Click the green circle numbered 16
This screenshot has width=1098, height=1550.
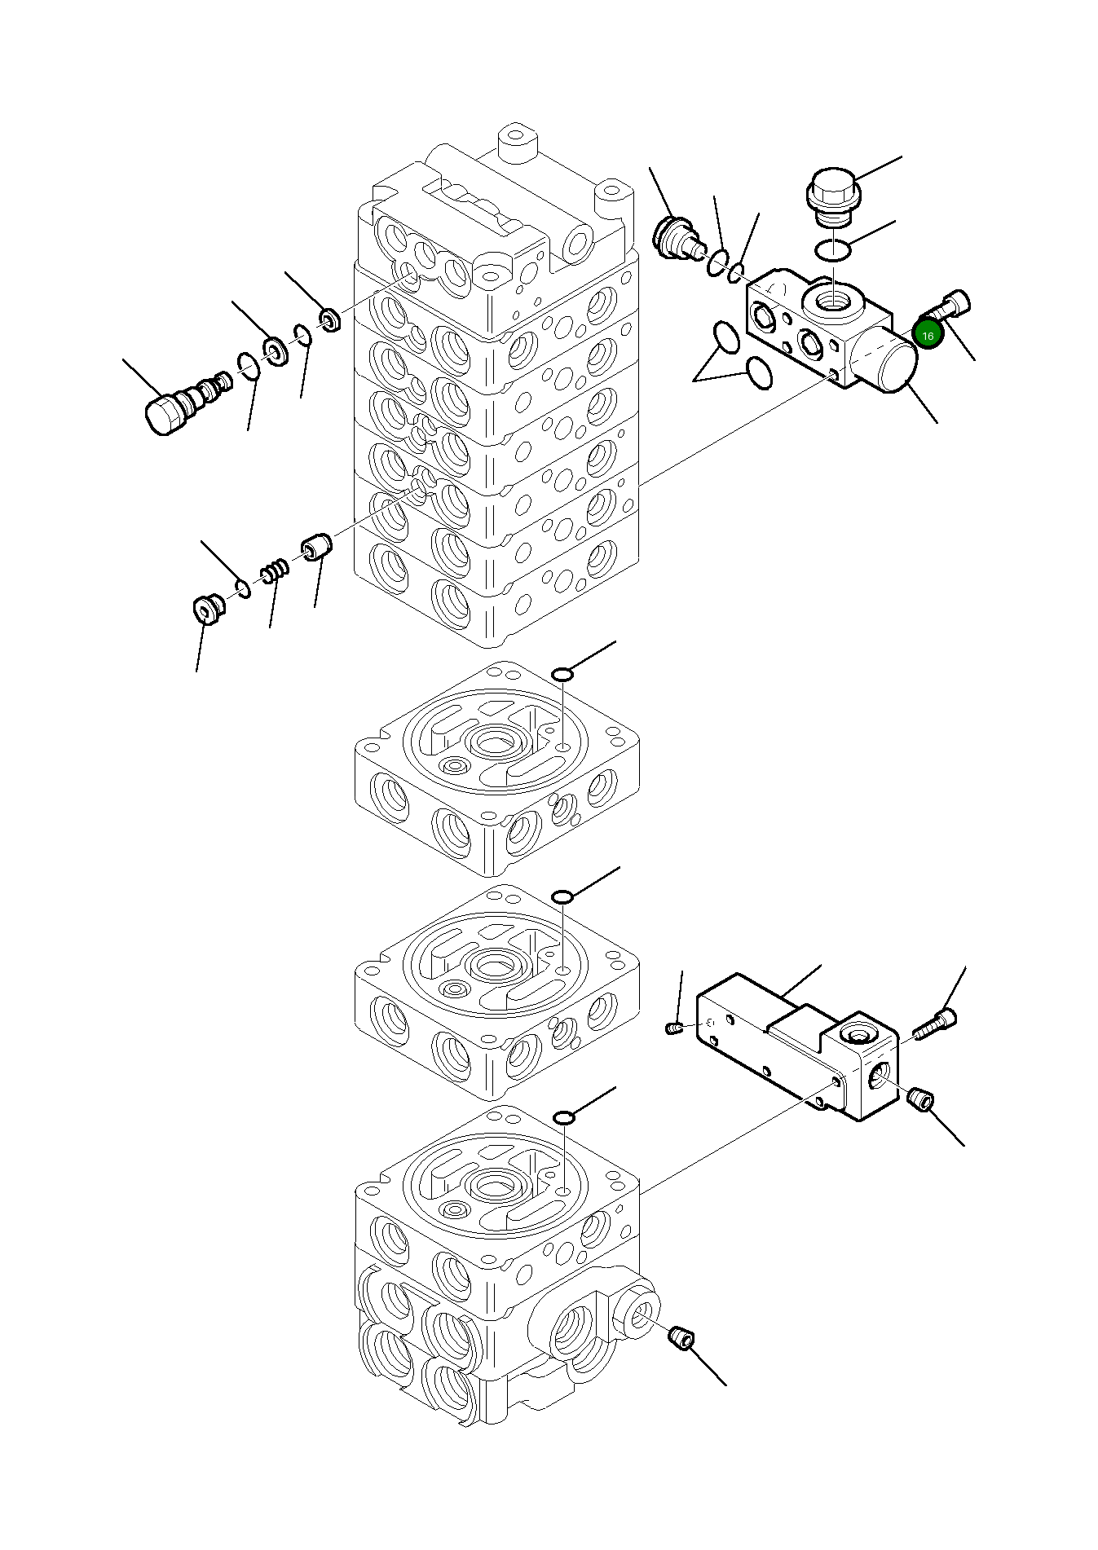tap(927, 334)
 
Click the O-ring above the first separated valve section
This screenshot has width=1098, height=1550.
tap(563, 674)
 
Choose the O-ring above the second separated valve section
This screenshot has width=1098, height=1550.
tap(563, 897)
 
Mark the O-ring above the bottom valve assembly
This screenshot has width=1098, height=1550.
tap(563, 1116)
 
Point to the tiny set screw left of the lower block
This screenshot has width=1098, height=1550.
tap(673, 1028)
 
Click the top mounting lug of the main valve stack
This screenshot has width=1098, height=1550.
tap(514, 137)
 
